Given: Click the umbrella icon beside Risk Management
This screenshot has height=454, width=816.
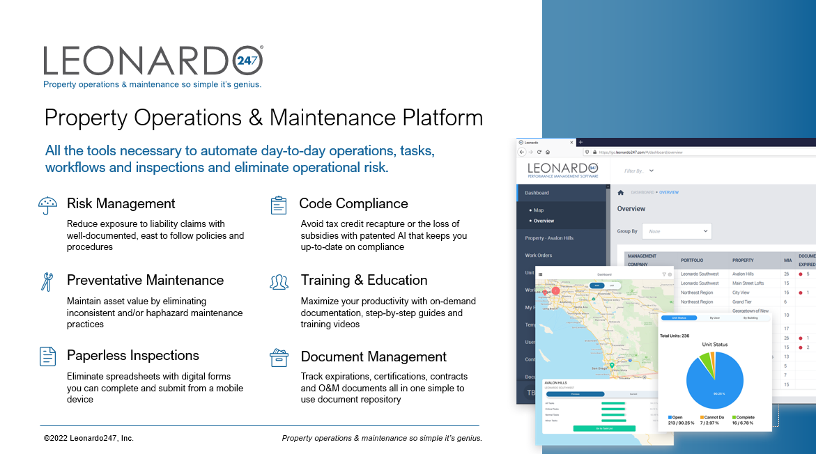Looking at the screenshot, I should click(47, 205).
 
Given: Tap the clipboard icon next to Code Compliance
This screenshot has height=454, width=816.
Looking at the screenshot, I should click(279, 205).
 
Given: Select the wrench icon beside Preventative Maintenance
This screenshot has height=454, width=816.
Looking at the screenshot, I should click(47, 281).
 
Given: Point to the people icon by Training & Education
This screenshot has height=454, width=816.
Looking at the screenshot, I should click(279, 281).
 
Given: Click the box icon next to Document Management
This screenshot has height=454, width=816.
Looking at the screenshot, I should click(279, 357).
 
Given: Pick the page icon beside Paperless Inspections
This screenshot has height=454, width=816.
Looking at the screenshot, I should click(47, 356).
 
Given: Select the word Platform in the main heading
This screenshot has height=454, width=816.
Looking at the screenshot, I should click(436, 117).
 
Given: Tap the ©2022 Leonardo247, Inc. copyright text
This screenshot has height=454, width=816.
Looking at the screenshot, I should click(88, 438).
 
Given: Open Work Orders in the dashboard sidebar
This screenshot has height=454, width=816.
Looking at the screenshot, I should click(539, 256).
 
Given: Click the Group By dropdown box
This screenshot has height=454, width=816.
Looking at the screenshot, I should click(676, 231).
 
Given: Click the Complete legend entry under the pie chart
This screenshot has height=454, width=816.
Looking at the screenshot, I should click(744, 417).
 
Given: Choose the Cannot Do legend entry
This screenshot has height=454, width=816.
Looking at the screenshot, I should click(714, 417).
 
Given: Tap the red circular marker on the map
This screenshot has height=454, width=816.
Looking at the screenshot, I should click(555, 291).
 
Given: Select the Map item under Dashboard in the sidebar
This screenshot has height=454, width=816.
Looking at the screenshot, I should click(539, 210).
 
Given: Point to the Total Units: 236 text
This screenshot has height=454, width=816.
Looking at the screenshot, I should click(674, 336).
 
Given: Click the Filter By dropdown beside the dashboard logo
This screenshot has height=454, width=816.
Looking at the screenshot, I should click(639, 171).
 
